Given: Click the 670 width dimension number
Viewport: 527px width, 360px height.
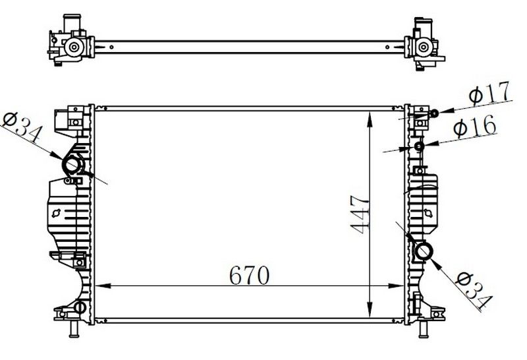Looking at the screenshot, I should (x=249, y=275).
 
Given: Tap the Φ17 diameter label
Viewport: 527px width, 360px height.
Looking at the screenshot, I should (x=490, y=95).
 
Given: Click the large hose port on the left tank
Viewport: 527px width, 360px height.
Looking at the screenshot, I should (x=71, y=164).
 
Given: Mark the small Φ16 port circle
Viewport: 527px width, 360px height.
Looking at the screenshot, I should (x=420, y=146).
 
